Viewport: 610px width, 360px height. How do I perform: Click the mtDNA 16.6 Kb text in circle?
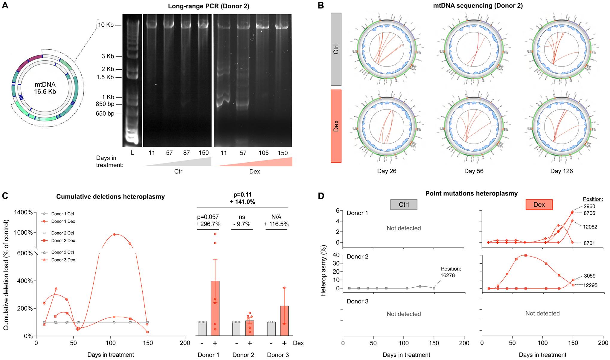tap(45, 88)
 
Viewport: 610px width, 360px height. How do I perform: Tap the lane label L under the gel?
tap(132, 153)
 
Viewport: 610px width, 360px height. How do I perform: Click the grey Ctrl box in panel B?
tap(336, 49)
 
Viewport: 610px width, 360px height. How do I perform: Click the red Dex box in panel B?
tap(336, 126)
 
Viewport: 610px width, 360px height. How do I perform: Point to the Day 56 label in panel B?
tap(474, 171)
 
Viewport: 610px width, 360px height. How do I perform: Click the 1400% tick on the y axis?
tap(24, 213)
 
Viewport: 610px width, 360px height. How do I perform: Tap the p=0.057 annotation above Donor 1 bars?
tap(208, 217)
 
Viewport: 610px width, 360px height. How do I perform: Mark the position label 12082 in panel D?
tap(590, 227)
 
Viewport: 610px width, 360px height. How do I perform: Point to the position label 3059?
tap(590, 276)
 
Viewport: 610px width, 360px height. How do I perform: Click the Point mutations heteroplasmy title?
tap(471, 194)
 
